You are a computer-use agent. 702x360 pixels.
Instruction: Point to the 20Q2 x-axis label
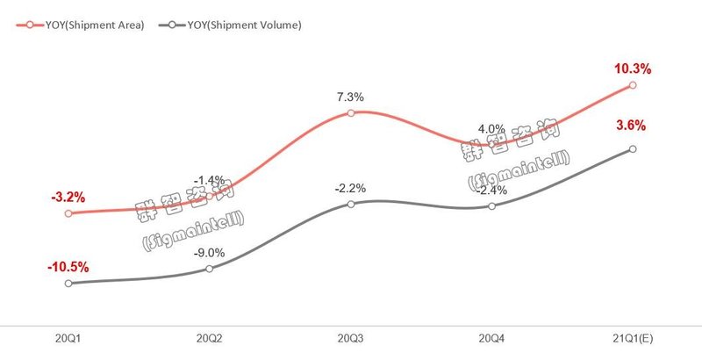point(209,337)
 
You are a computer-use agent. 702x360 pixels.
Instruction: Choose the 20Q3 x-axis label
point(351,337)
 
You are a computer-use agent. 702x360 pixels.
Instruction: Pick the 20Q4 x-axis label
point(491,337)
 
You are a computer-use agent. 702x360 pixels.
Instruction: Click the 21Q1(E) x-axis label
point(633,337)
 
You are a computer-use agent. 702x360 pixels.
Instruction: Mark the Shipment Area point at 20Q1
point(68,213)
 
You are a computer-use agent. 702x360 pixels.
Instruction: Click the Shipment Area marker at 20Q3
point(350,113)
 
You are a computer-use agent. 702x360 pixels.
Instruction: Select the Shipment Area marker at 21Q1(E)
point(633,85)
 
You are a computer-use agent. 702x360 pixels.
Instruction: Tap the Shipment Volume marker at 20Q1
point(68,283)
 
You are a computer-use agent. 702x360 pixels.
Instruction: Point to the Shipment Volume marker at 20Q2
point(209,269)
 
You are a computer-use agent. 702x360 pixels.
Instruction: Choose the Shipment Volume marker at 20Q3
point(350,204)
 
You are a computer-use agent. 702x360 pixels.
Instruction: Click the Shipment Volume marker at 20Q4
point(491,205)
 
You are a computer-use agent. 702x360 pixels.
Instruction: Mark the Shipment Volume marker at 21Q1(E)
point(633,148)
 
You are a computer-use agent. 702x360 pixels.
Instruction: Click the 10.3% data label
point(633,68)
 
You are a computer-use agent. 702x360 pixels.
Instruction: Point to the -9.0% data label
point(210,253)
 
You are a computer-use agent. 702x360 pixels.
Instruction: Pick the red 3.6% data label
point(632,126)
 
